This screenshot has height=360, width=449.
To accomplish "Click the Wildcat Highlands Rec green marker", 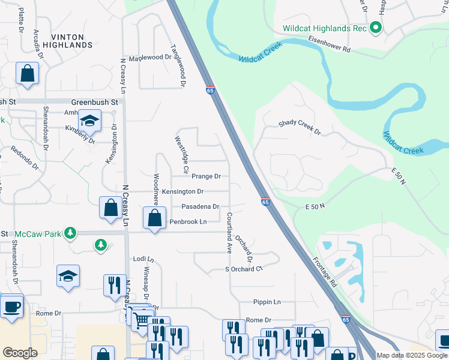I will pos(376,28).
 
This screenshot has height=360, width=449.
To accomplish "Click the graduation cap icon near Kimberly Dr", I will pos(89,122).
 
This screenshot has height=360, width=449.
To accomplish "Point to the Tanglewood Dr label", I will pos(178,65).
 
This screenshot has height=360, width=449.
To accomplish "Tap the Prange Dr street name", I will pos(206,176).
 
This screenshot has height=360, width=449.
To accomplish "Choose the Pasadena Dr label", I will pos(200,206).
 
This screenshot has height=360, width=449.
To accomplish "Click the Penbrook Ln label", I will pos(188,222).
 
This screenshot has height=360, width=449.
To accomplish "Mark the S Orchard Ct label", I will pos(244,269).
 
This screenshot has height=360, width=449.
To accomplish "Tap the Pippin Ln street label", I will pos(268,302).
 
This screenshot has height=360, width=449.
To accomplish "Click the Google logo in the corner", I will pos(20,353).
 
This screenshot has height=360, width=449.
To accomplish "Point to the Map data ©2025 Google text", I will pos(412,355).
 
